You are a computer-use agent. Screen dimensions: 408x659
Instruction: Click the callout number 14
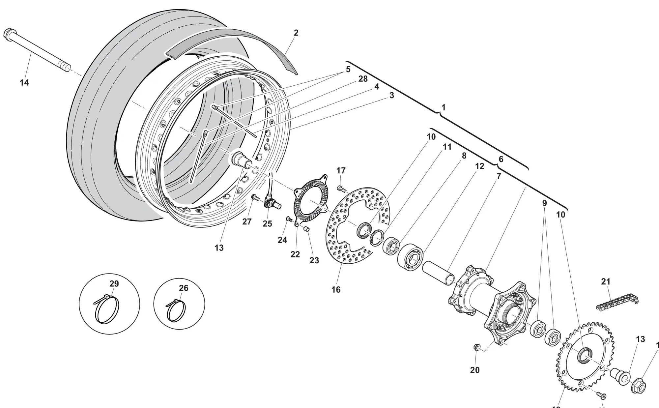click(x=24, y=82)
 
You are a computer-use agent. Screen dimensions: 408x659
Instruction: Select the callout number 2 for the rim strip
click(x=296, y=33)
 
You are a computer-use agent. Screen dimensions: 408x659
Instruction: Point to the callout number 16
click(x=336, y=290)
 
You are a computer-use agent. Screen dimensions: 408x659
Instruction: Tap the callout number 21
click(x=606, y=282)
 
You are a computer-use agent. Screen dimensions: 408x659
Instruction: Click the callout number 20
click(x=474, y=370)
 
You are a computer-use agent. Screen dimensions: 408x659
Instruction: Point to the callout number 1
click(x=443, y=107)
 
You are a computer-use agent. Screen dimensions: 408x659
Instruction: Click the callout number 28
click(x=362, y=79)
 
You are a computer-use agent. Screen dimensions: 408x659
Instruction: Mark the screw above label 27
click(x=255, y=198)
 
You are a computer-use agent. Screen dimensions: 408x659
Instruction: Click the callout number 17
click(x=341, y=170)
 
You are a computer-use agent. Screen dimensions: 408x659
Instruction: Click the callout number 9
click(x=544, y=203)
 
